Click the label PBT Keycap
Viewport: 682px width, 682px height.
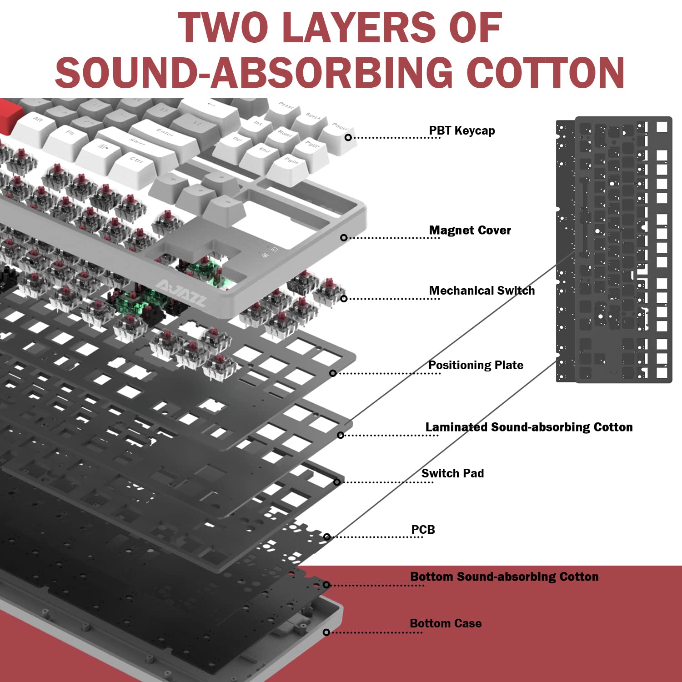click(462, 131)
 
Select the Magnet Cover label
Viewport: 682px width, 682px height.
click(470, 231)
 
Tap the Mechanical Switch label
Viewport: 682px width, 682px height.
click(482, 291)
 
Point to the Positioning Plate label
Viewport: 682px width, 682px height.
click(476, 365)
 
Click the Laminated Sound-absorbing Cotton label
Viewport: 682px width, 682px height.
click(529, 427)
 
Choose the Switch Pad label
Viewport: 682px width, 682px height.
click(452, 473)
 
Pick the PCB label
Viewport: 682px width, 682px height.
click(423, 530)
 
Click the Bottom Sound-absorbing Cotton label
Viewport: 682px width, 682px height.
click(504, 577)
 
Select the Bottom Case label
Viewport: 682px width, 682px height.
click(446, 623)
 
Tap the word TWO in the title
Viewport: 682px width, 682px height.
click(223, 27)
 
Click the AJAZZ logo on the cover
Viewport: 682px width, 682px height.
click(181, 293)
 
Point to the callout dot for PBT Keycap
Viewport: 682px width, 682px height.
click(348, 137)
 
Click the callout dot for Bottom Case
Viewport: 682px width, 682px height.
click(326, 632)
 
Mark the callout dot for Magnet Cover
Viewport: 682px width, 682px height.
click(344, 238)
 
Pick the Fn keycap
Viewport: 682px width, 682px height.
click(68, 135)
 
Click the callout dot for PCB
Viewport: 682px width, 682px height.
click(327, 537)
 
